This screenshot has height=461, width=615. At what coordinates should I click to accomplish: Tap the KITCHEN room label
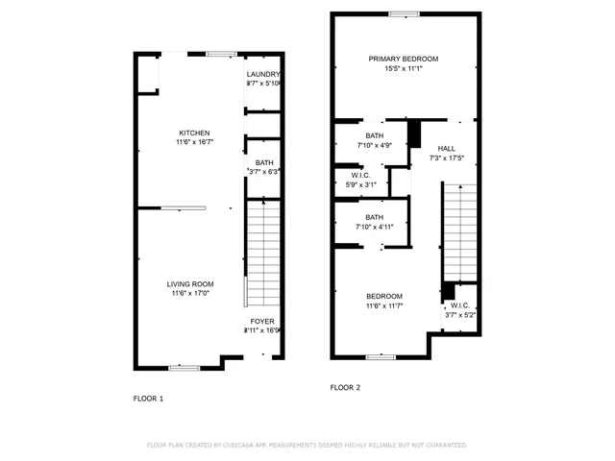pos(194,133)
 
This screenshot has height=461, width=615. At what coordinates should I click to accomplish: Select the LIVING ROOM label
pos(190,283)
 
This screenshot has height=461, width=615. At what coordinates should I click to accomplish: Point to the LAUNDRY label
pos(262,74)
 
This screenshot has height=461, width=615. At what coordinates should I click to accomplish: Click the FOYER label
pos(262,321)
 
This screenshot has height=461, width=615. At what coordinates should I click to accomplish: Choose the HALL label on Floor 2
pos(447,148)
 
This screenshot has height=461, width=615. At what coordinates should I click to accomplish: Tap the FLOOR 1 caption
pos(148,398)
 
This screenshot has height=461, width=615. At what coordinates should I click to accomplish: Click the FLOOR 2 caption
pos(345,388)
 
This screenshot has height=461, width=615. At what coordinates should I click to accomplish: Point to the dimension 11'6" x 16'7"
pos(194,142)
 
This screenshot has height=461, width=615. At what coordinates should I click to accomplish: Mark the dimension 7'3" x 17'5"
pos(447,158)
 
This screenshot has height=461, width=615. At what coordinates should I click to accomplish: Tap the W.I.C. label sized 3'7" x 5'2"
pos(458,306)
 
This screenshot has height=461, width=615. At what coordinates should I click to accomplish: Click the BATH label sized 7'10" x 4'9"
pos(374,135)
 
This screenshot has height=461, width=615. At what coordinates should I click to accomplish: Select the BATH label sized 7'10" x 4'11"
pos(374,218)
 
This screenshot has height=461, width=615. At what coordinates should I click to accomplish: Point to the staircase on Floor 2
pos(458,230)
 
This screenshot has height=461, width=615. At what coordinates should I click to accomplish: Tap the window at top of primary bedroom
pos(404,13)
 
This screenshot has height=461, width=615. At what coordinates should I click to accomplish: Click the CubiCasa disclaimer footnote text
pos(307,445)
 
